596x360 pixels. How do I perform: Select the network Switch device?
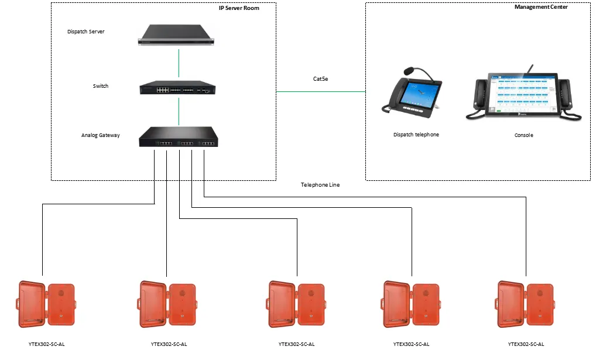(177, 88)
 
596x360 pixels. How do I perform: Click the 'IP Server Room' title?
(235, 8)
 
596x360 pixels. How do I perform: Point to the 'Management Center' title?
(541, 7)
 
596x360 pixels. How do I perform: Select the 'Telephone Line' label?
(320, 185)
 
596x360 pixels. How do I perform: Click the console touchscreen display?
(523, 93)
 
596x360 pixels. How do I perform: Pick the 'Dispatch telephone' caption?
(416, 135)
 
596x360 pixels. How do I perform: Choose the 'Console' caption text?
(524, 135)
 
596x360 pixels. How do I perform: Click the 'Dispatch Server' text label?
(86, 32)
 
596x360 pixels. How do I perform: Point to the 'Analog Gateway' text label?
(100, 135)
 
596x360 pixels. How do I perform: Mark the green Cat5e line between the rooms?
(320, 91)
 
